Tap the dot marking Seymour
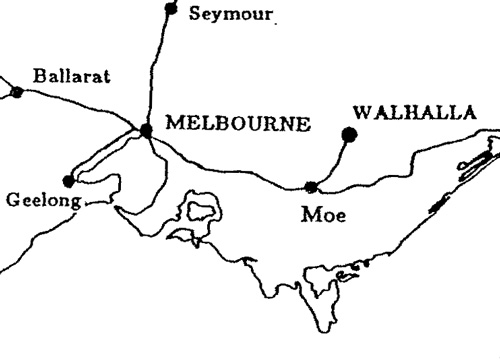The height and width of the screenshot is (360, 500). pyautogui.click(x=170, y=10)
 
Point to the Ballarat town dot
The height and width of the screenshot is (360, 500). pyautogui.click(x=16, y=92)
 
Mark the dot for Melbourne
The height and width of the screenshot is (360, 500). pyautogui.click(x=146, y=130)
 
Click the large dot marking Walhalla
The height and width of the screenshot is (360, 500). pyautogui.click(x=349, y=133)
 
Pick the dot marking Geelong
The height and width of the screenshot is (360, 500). pyautogui.click(x=68, y=181)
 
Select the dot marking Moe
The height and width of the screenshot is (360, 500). pyautogui.click(x=311, y=186)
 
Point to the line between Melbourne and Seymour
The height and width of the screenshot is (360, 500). pyautogui.click(x=158, y=70)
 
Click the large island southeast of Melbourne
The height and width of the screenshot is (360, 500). pyautogui.click(x=200, y=213)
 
